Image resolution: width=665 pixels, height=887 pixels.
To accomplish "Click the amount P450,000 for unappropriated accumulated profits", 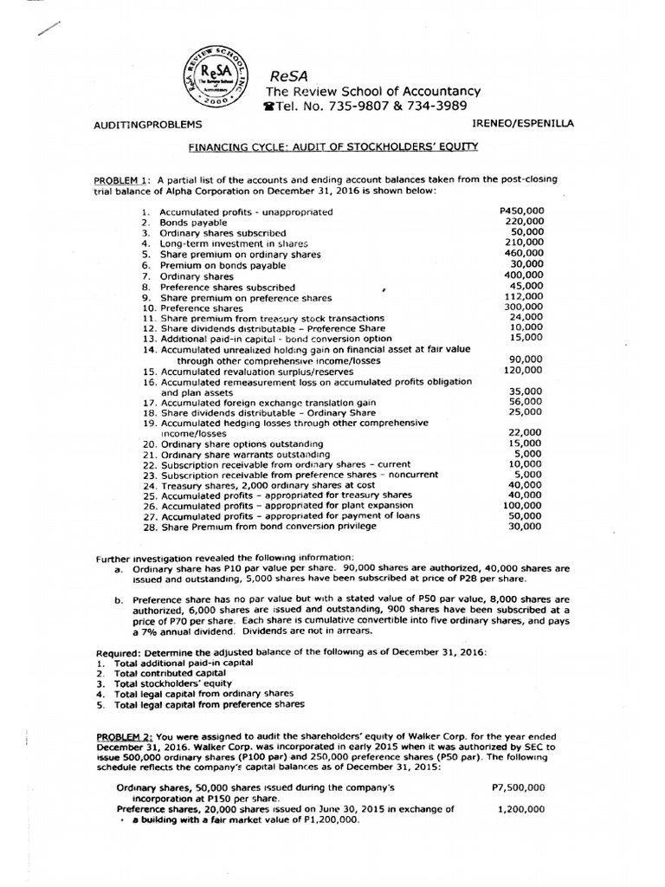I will pyautogui.click(x=522, y=210).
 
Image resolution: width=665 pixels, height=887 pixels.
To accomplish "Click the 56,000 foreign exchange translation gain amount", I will pyautogui.click(x=528, y=401).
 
